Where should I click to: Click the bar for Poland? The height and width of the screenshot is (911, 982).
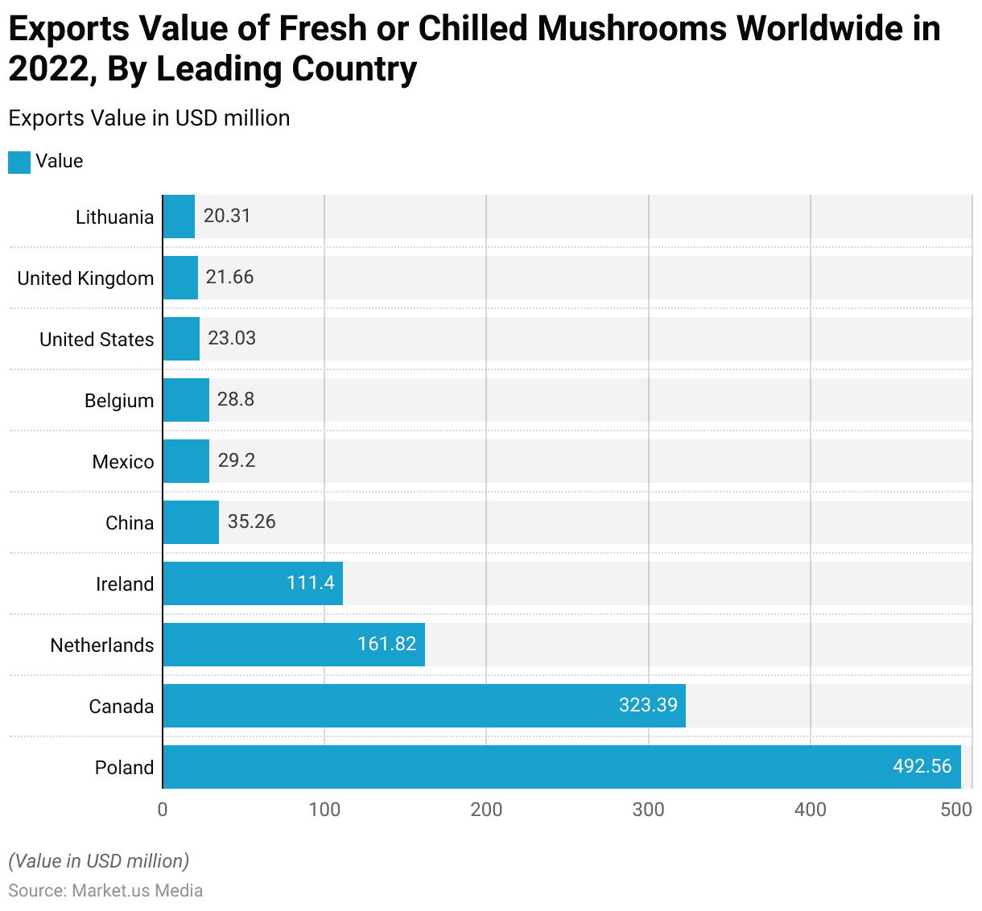tap(562, 767)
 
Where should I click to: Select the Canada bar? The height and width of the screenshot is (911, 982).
tap(424, 706)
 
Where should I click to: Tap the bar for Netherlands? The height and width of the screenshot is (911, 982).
tap(294, 645)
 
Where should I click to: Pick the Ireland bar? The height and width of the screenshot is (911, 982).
tap(253, 583)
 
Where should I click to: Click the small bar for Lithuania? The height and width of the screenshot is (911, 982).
tap(179, 216)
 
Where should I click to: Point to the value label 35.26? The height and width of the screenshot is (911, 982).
tap(251, 521)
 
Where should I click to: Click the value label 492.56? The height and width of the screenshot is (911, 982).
tap(922, 766)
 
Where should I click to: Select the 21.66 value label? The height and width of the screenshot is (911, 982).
tap(229, 277)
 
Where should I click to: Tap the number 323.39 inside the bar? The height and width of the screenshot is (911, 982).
tap(648, 705)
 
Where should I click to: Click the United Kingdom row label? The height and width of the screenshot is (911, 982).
tap(85, 278)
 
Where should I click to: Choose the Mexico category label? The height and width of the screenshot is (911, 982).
tap(123, 462)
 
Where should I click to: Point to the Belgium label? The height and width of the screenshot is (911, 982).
tap(119, 401)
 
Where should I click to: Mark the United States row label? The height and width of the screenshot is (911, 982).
tap(97, 340)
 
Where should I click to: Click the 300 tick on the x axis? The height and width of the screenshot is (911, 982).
tap(649, 810)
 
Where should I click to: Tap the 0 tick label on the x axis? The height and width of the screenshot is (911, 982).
tap(163, 810)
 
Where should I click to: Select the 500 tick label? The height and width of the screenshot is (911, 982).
tap(956, 810)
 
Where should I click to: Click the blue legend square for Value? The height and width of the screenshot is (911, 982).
tap(19, 162)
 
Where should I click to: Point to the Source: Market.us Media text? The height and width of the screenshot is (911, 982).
tap(105, 891)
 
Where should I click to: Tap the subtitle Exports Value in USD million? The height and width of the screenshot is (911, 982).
tap(149, 118)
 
